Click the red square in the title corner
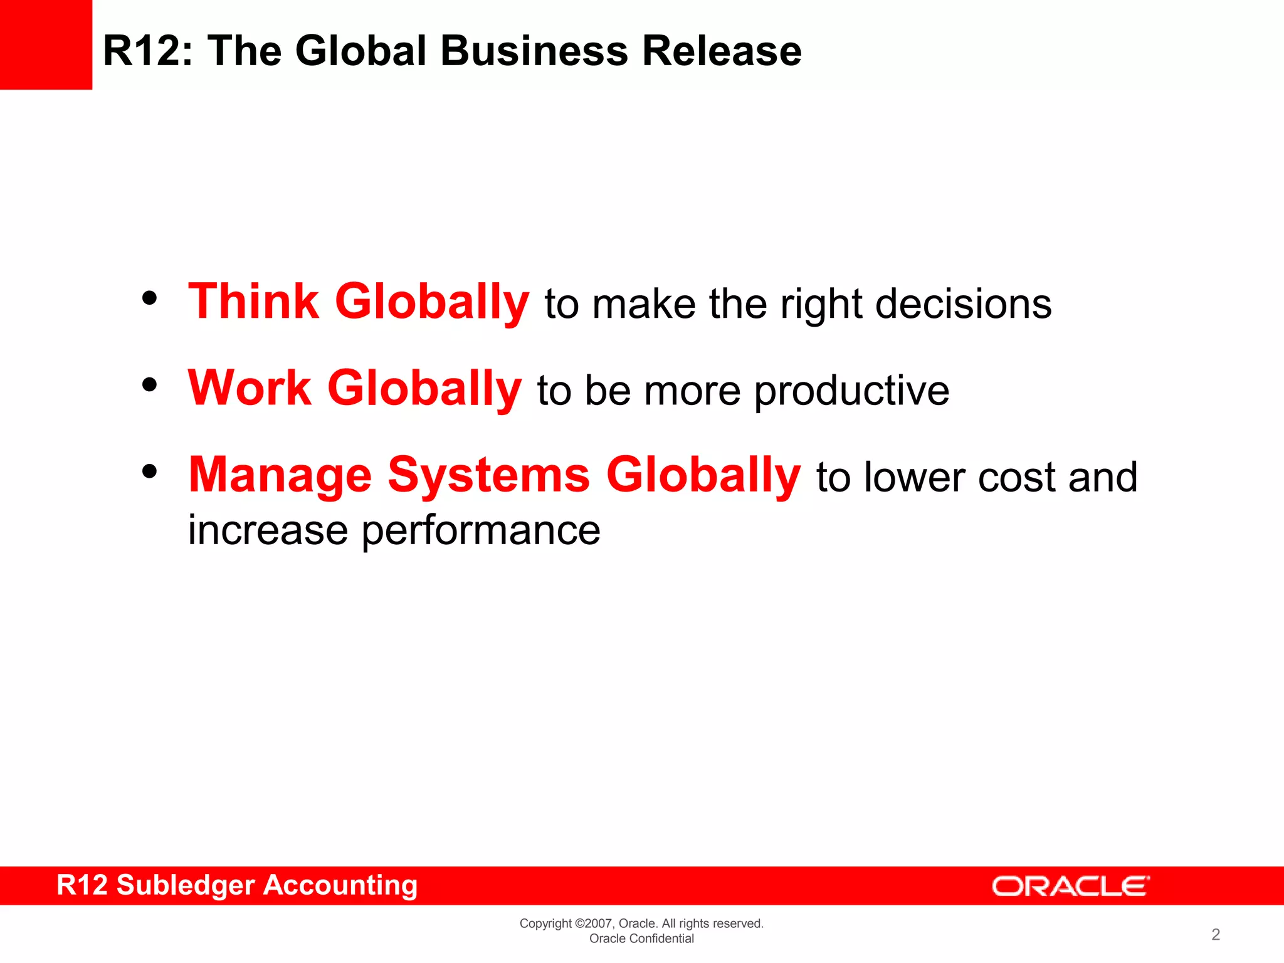click(x=46, y=45)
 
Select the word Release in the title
click(x=722, y=51)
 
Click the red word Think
click(x=253, y=302)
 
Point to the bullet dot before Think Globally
click(x=149, y=298)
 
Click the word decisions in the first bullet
click(x=963, y=304)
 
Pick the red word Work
click(x=249, y=388)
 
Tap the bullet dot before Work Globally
click(x=149, y=385)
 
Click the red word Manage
click(x=280, y=475)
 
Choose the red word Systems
click(x=488, y=475)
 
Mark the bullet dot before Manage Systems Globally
click(x=149, y=471)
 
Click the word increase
click(x=268, y=530)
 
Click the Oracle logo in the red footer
click(x=1070, y=887)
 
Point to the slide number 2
click(x=1216, y=935)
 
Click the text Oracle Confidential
click(x=641, y=939)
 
